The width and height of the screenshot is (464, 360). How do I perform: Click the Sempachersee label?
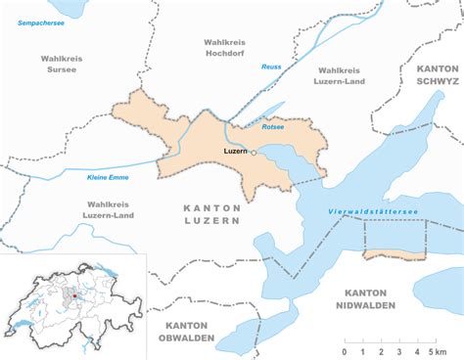pos(40,21)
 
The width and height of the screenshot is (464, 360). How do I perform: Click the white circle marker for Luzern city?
pos(253,153)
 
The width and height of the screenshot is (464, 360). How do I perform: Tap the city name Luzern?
pos(235,153)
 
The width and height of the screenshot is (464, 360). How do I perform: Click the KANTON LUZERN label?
pos(211,215)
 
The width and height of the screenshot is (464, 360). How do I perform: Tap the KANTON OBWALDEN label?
pos(186,331)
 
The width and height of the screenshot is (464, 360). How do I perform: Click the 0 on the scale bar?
pos(344,351)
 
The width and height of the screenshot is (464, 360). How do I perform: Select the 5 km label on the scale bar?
pos(437,351)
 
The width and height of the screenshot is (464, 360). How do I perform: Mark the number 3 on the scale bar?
pos(397,351)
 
